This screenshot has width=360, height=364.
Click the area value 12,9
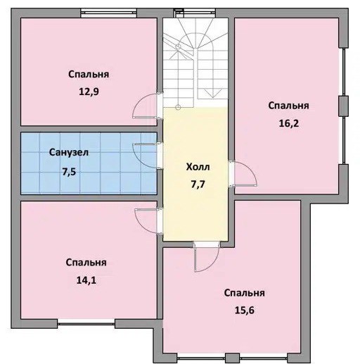point(89,92)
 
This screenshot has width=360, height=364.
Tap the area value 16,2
point(289,123)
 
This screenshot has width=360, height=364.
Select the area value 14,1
point(86,280)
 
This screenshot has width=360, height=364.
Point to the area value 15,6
point(245,310)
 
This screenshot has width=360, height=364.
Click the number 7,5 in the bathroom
point(69,172)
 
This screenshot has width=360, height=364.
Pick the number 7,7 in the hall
point(198,184)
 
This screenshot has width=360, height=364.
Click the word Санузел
point(69,153)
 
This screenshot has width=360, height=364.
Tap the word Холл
point(198,167)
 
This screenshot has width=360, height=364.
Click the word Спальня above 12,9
point(89,74)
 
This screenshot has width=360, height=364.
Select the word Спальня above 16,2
point(288,106)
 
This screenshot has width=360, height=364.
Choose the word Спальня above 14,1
point(86,263)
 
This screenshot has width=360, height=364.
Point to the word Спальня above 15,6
point(245,293)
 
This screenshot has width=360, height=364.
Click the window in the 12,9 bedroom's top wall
point(109,13)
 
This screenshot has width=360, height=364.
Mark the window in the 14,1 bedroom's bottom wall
point(86,324)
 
